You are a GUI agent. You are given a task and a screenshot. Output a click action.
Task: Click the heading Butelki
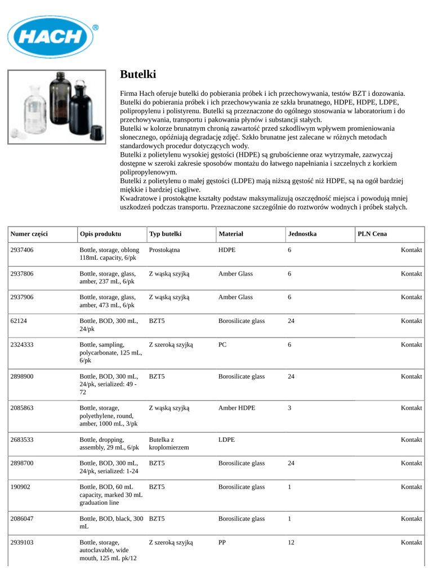coord(138,74)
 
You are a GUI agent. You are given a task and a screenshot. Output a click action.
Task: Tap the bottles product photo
coord(56,106)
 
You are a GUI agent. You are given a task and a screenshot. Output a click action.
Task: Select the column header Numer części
coord(29,234)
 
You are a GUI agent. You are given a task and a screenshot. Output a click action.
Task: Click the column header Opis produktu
coord(100,234)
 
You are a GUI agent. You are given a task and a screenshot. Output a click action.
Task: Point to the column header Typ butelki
coord(165,234)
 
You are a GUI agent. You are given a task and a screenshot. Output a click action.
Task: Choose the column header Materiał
coord(231,234)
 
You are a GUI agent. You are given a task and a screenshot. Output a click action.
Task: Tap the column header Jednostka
coord(302,234)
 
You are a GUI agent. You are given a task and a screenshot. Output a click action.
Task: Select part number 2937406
coord(22,250)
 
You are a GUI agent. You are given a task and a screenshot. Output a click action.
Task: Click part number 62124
coord(19,321)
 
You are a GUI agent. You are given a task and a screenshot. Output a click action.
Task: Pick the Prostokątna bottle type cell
coord(164,250)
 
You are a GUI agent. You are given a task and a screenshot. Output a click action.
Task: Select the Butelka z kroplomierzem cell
coord(169,443)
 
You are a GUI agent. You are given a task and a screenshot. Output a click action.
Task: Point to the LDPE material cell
coord(226,439)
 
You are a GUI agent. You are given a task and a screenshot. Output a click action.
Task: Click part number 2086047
coord(22,518)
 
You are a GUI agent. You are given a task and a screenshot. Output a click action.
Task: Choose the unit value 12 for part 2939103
coord(291,542)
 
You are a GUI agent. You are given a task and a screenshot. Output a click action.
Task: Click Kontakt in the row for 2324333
coord(411,344)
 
